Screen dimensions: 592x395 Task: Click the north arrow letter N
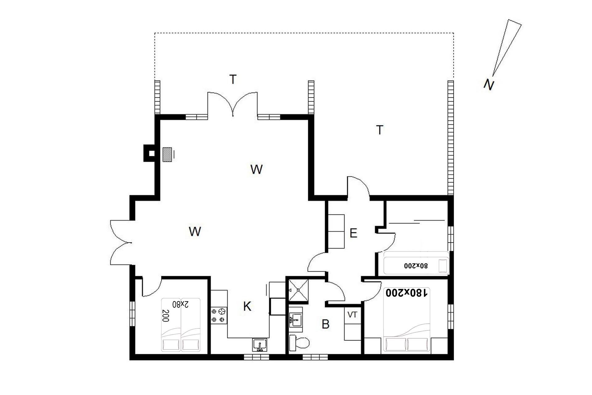489,85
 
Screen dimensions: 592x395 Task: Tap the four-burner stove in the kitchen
219,315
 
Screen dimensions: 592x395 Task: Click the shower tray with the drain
298,290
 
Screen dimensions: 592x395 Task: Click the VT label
352,315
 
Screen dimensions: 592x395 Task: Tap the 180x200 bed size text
406,293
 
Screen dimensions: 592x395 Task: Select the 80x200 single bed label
416,265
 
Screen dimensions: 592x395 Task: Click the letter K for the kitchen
247,306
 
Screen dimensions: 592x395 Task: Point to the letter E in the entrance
353,233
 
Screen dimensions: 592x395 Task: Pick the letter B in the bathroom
326,324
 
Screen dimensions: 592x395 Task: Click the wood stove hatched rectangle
167,154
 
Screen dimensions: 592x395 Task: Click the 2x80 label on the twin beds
180,304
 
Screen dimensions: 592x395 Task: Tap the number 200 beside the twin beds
166,316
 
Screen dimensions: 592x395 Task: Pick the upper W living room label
256,169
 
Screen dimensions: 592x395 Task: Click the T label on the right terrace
380,130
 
